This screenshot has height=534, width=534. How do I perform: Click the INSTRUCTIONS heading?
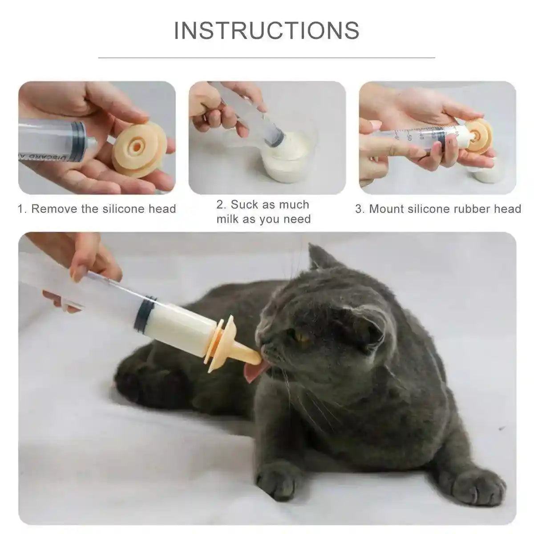click(x=267, y=30)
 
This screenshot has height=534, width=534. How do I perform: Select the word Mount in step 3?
click(x=385, y=209)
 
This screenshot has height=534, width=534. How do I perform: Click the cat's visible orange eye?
click(x=304, y=338)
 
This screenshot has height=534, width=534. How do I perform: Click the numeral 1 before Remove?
click(x=20, y=209)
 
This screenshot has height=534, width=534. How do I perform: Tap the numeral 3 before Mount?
click(x=358, y=209)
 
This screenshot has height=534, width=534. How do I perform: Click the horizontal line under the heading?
click(x=267, y=57)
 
